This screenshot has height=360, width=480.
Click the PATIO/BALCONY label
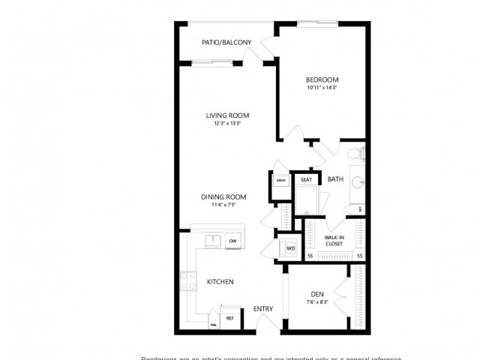pos(226,43)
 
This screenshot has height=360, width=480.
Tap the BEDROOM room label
pos(322,79)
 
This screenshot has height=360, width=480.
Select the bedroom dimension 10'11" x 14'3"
pos(322,88)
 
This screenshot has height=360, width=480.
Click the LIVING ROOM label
pos(228,115)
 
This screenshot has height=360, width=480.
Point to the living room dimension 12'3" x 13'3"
pos(228,124)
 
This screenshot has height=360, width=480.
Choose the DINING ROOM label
pos(223,197)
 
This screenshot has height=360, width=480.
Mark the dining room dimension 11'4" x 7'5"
pos(223,205)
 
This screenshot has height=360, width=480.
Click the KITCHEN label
pos(220,282)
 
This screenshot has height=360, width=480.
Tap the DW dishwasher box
pos(232,241)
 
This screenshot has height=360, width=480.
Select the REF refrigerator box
pos(230,318)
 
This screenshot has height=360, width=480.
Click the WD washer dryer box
pos(289,247)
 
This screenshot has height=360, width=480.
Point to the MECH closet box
pos(280,181)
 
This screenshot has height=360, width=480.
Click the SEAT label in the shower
pos(306,180)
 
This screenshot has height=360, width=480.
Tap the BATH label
pos(335,179)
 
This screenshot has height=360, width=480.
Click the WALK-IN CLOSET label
pos(334,240)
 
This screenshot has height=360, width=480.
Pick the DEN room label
pos(316,294)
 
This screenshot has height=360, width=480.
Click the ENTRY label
pos(262,309)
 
